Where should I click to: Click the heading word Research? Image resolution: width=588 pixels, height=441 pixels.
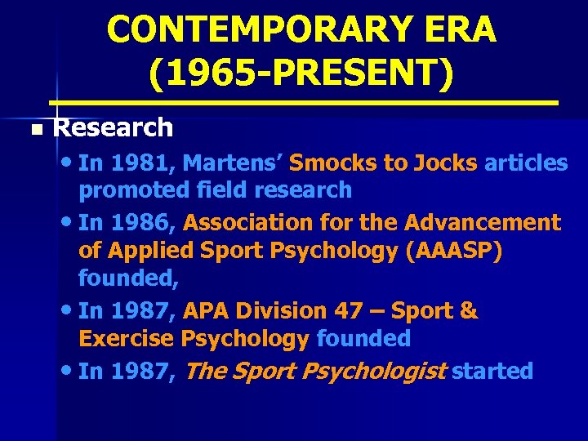point(113,127)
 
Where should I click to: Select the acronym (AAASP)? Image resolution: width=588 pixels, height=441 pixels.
point(454,251)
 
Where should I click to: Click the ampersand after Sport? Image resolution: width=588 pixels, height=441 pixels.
point(470,311)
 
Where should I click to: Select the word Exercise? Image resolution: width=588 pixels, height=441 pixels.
point(127,338)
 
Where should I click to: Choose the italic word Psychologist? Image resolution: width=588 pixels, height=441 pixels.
point(374,372)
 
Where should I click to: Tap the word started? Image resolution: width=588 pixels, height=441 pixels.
point(492,372)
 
